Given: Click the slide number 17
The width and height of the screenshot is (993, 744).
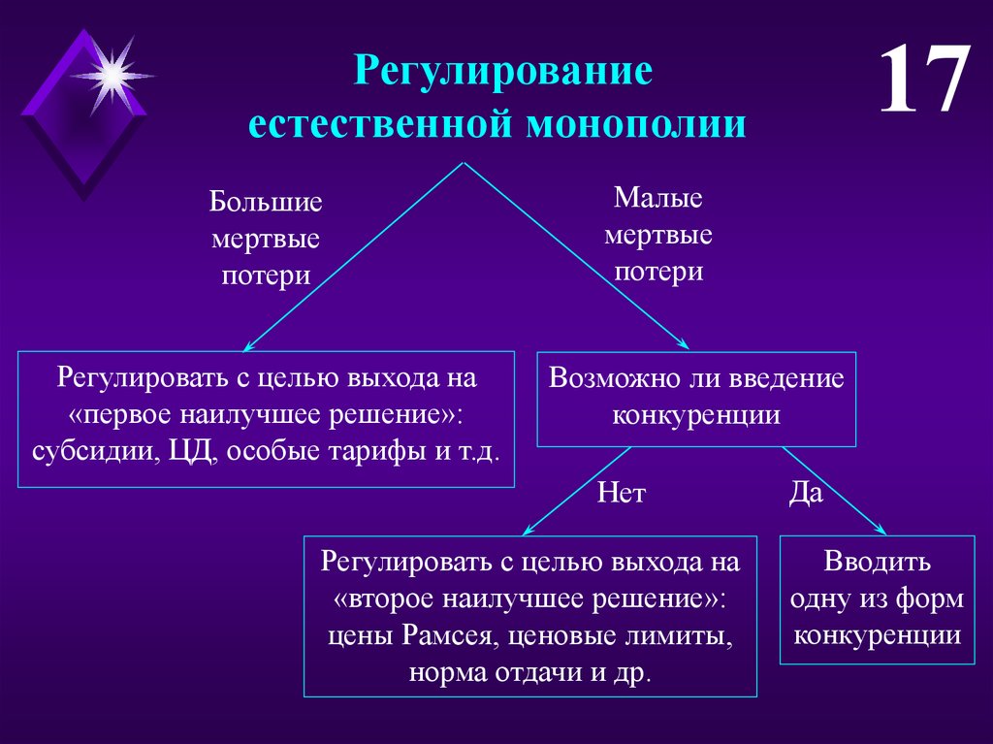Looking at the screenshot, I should click(924, 81).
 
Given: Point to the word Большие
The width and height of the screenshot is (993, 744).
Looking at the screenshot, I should click(266, 203).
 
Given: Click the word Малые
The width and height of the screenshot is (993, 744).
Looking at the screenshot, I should click(658, 199).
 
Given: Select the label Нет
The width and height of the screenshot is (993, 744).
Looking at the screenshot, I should click(622, 495).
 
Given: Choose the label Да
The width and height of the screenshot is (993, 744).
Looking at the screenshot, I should click(806, 493).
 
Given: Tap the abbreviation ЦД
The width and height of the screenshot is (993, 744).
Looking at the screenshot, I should click(183, 452).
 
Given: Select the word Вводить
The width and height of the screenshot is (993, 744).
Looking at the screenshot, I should click(878, 562).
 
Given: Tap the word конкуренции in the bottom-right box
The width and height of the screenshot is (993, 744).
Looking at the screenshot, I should click(878, 635).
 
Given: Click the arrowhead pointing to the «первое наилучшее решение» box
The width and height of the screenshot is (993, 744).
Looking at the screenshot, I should click(246, 346).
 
